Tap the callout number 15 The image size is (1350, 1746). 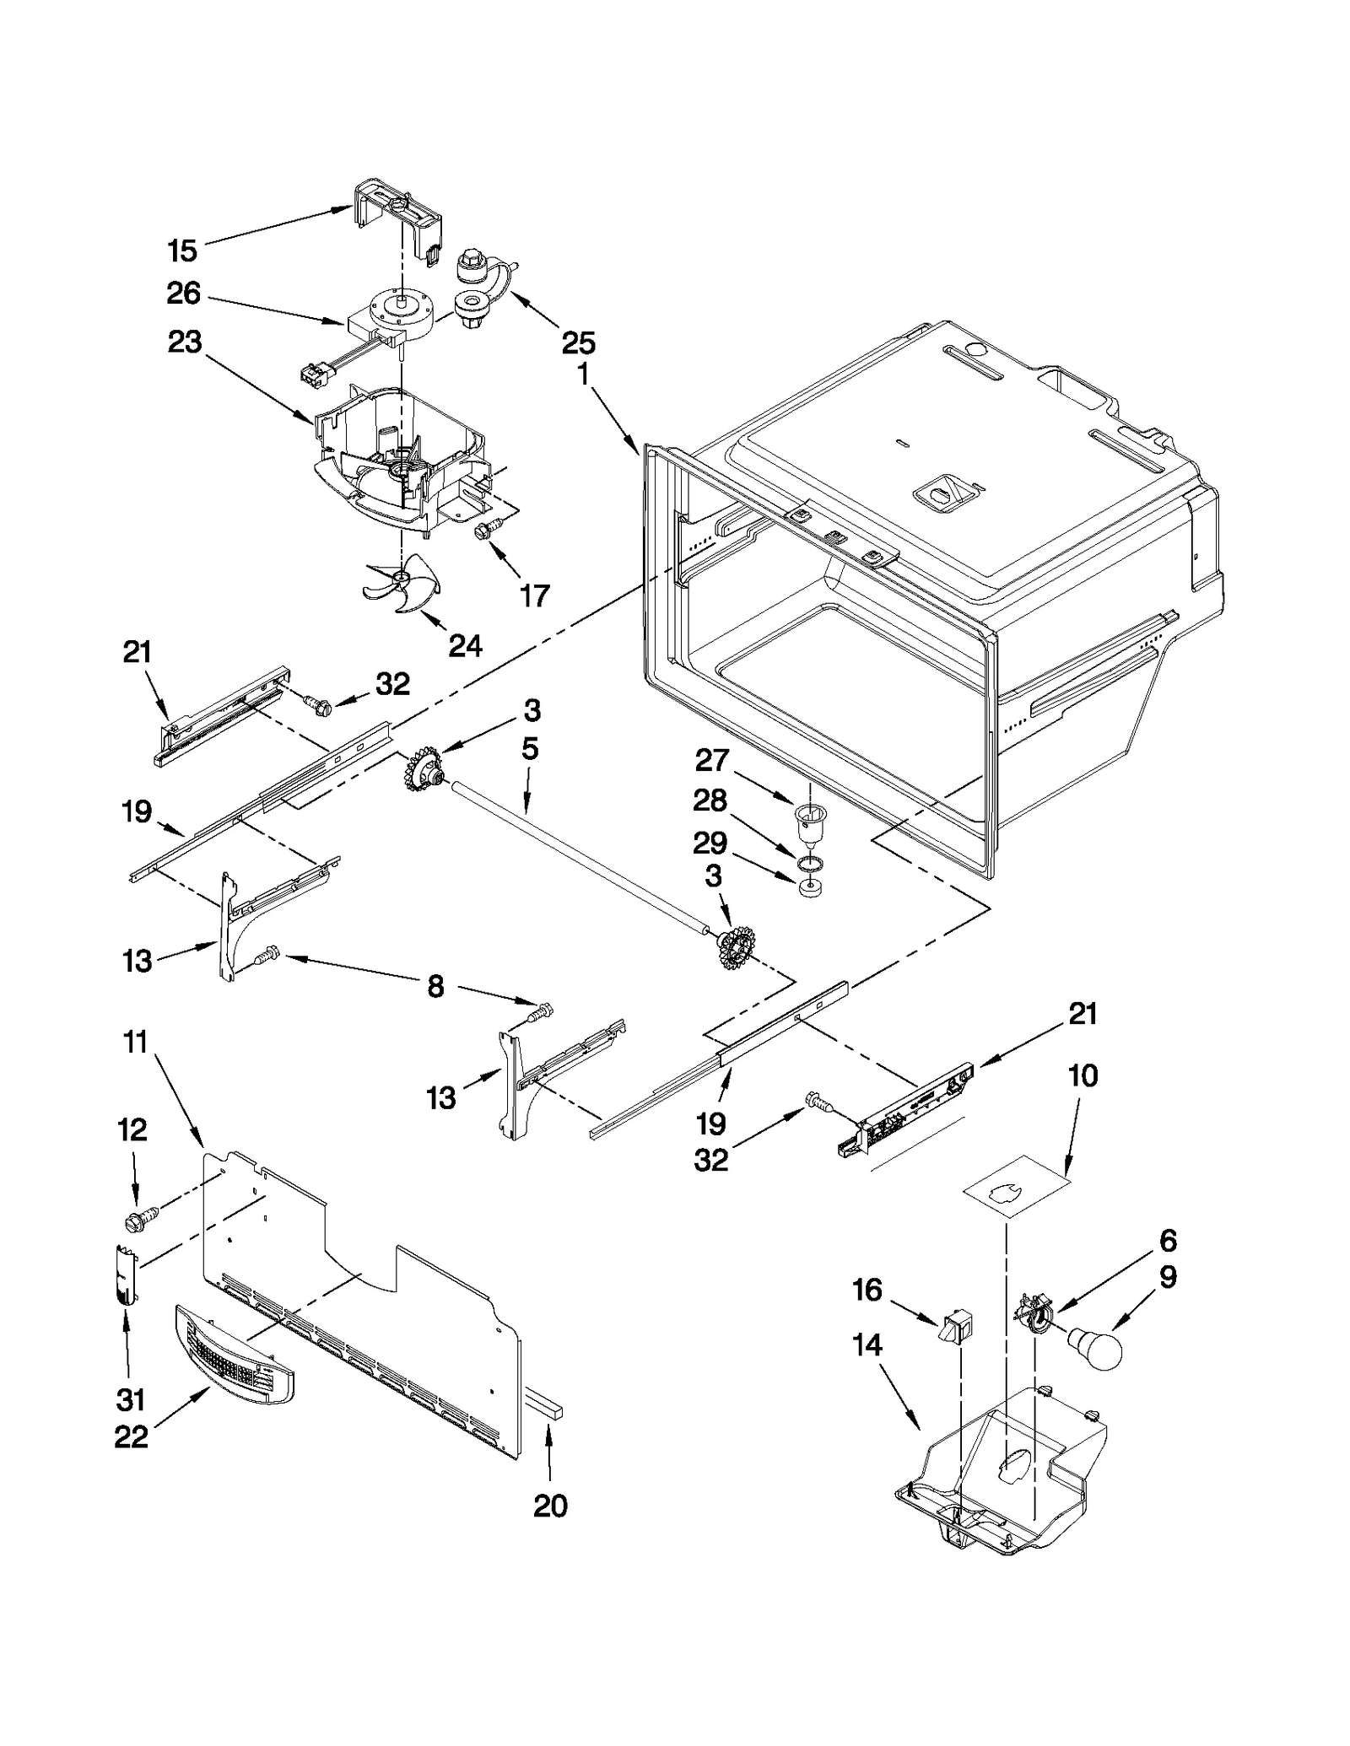coord(182,251)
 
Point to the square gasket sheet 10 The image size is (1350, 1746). coord(1016,1186)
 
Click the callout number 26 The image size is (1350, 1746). coord(183,294)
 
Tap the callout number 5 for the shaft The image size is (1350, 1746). coord(529,749)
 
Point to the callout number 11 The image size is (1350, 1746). coord(135,1043)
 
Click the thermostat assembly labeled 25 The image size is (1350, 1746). coord(479,287)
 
